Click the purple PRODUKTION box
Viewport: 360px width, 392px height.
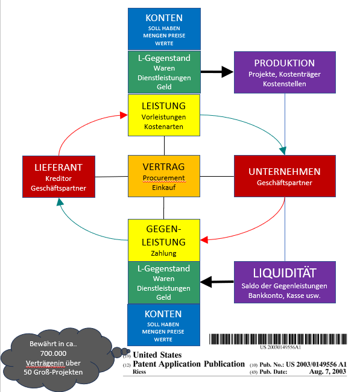(x=284, y=72)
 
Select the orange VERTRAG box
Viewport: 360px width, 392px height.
(x=164, y=176)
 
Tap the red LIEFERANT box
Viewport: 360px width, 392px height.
(x=59, y=176)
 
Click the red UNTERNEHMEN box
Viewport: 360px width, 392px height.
(x=284, y=176)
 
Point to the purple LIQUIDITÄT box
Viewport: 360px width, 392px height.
(x=284, y=282)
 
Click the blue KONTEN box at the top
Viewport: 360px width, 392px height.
(x=164, y=28)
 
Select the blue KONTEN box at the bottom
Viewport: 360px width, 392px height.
(x=164, y=324)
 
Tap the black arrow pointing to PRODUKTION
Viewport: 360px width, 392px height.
(x=216, y=72)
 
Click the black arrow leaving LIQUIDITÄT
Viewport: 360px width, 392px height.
(x=216, y=281)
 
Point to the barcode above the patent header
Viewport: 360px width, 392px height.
(x=281, y=339)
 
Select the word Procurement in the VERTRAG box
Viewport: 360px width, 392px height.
(x=164, y=179)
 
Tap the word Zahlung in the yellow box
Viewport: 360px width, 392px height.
(x=164, y=254)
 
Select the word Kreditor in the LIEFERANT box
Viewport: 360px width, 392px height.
(x=59, y=179)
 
